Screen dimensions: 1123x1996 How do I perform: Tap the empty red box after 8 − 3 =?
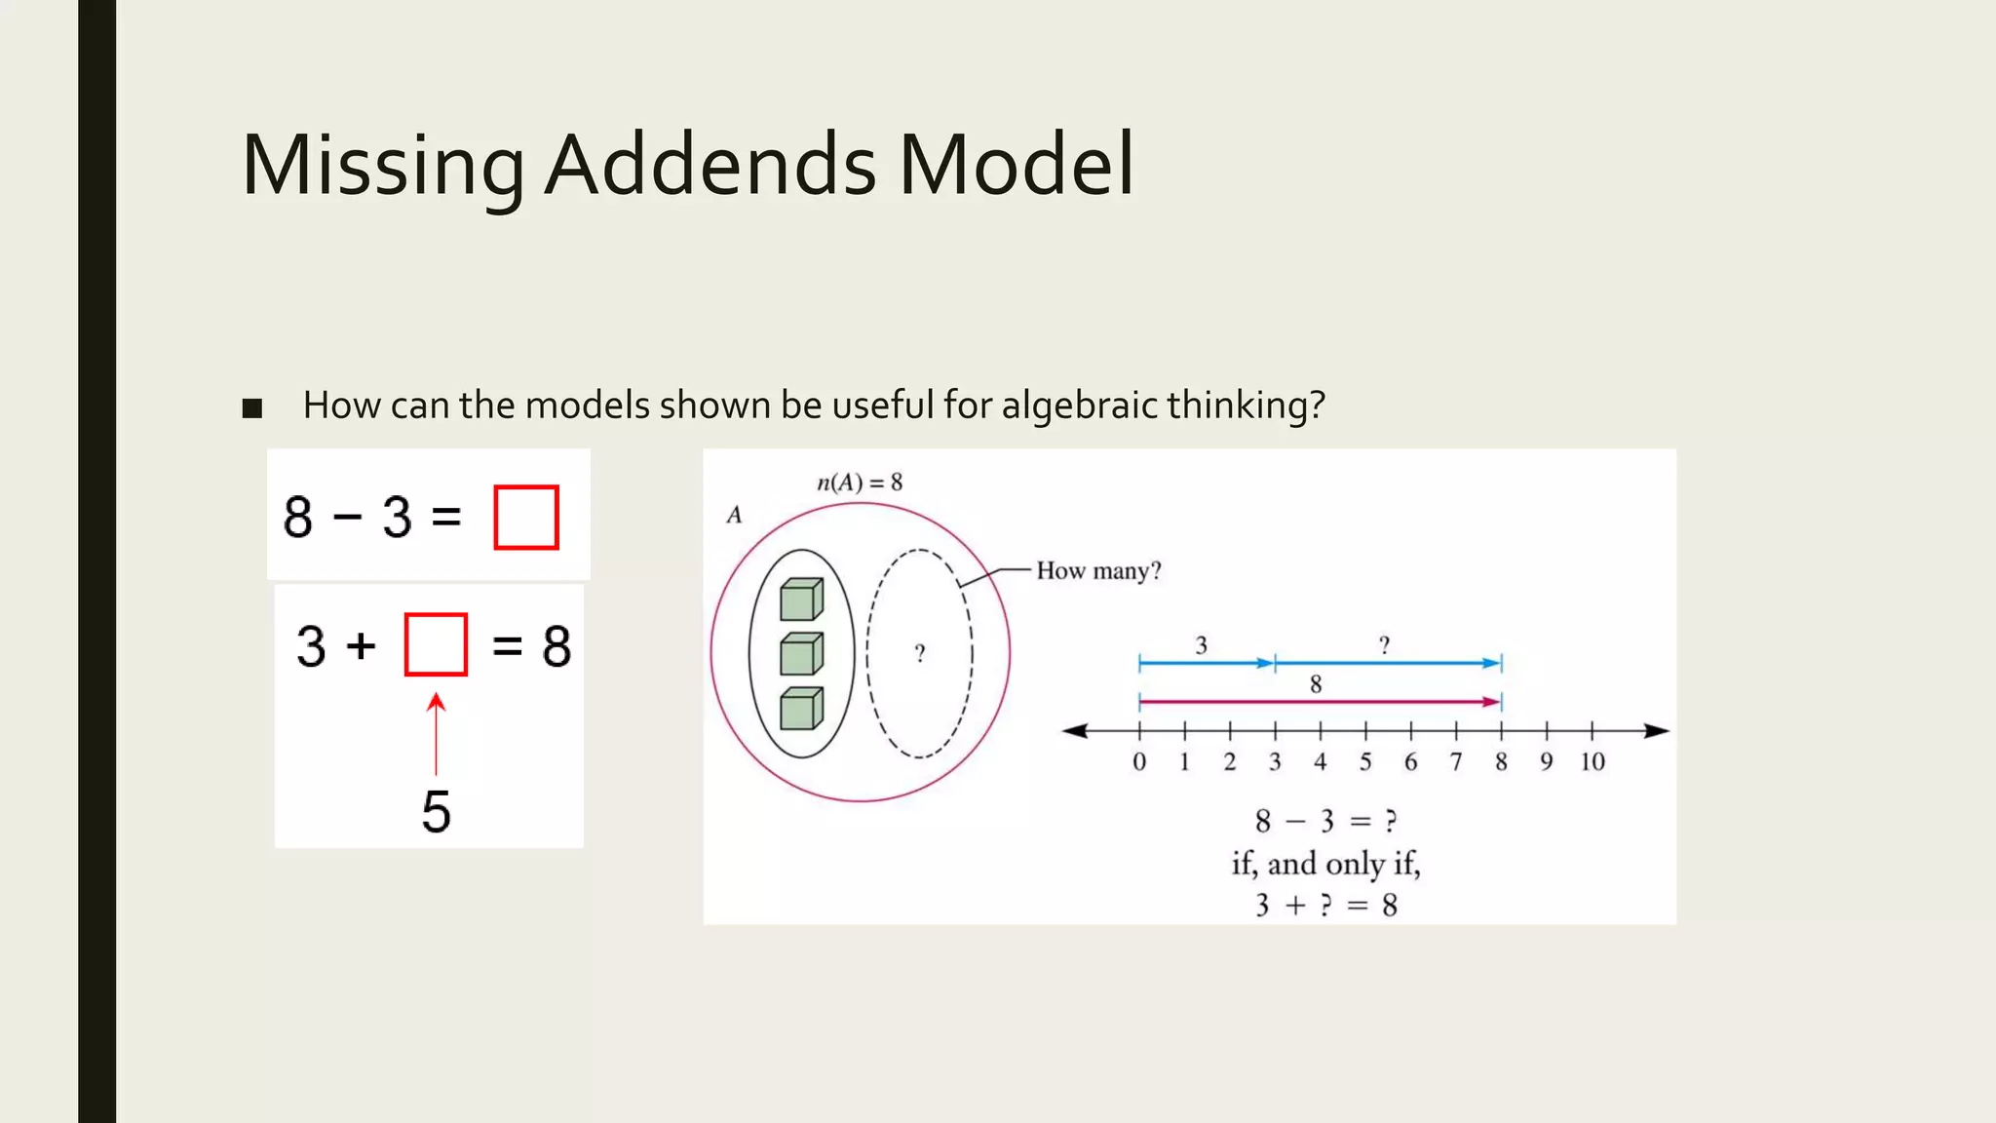point(526,518)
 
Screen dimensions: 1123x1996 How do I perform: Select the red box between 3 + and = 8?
point(436,644)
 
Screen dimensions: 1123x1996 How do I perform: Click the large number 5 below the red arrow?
point(436,811)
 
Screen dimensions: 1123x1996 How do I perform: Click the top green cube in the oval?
point(801,600)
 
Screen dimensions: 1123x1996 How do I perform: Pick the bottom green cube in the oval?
point(801,709)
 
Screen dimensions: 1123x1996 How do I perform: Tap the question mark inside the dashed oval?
point(919,653)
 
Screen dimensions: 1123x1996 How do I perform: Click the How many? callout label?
point(1098,570)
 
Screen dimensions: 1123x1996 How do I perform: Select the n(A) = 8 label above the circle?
point(859,483)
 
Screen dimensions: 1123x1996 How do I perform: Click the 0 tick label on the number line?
point(1138,762)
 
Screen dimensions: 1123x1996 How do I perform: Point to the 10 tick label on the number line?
point(1593,762)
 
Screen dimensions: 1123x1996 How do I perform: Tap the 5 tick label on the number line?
point(1365,762)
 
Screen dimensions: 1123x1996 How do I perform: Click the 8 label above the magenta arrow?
point(1316,684)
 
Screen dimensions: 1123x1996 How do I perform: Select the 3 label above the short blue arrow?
point(1202,645)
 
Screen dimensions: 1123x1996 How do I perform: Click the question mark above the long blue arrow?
point(1384,645)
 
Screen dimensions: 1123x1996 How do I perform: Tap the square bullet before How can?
point(252,407)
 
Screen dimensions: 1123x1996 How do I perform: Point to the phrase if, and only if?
point(1325,864)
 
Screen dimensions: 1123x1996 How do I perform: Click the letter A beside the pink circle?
point(734,515)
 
